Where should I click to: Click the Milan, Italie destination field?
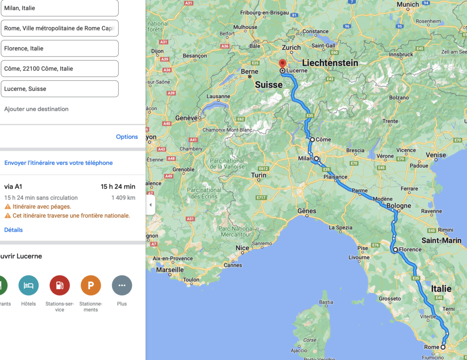point(59,8)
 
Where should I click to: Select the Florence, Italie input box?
point(59,48)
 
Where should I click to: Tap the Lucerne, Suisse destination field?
point(59,89)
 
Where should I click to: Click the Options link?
point(127,137)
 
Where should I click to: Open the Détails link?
point(13,230)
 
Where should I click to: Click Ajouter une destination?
point(36,109)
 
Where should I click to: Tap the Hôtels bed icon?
point(28,286)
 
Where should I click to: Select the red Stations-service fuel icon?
point(60,286)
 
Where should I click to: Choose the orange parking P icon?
point(91,286)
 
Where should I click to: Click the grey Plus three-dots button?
point(122,286)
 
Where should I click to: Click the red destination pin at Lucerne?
point(282,64)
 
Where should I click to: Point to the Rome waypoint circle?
point(443,347)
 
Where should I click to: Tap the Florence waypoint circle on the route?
point(395,250)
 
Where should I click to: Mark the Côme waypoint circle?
point(312,139)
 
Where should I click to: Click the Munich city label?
point(408,5)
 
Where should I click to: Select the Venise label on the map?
point(436,155)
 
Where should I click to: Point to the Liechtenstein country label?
point(330,62)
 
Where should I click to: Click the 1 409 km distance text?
point(123,198)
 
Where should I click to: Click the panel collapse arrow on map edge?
point(150,205)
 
